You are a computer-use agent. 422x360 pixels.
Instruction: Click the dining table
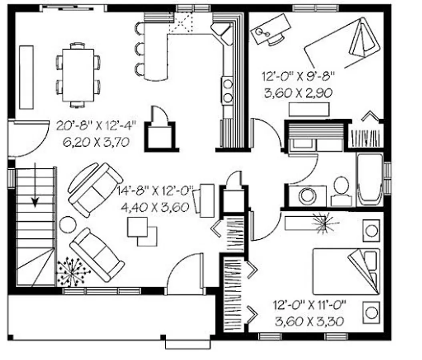coord(78,75)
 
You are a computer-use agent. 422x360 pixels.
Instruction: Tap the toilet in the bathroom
coord(341,191)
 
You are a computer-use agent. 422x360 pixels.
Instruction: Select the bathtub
coord(370,180)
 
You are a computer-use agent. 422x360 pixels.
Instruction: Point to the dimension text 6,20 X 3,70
coord(96,142)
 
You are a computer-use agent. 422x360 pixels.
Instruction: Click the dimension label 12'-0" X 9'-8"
coord(298,76)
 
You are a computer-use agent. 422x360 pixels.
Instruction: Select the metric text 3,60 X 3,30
coord(309,321)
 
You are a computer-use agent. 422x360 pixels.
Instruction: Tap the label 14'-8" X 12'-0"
coord(155,191)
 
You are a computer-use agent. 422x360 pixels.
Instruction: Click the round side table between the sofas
coord(68,224)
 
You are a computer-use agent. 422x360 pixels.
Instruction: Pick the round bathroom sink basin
coord(307,195)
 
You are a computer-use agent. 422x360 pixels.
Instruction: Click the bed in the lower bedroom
coord(346,272)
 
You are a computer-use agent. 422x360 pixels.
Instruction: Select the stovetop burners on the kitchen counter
coord(228,90)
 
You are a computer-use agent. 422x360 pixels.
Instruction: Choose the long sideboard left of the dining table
coord(26,78)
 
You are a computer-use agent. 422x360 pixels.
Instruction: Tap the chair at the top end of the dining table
coord(78,46)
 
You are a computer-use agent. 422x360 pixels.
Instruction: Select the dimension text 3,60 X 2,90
coord(298,93)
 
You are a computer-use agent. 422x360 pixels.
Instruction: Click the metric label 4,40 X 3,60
coord(155,207)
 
